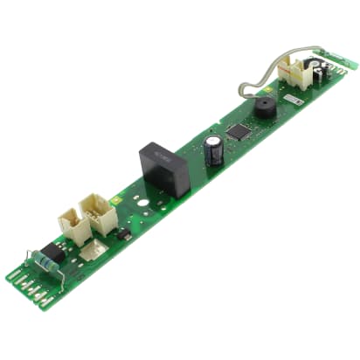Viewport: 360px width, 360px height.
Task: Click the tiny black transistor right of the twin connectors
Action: click(124, 234)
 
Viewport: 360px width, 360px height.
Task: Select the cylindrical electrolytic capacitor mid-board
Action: click(212, 150)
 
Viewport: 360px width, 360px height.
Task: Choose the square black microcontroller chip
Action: click(238, 132)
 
